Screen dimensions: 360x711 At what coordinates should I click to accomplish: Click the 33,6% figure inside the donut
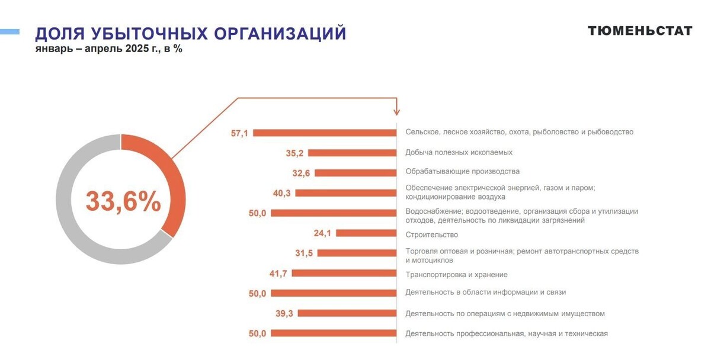pos(123,201)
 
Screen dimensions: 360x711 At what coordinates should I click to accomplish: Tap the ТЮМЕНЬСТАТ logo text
pos(639,31)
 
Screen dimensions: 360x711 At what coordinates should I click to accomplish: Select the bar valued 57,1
pos(325,133)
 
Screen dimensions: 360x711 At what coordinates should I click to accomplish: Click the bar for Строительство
pos(366,233)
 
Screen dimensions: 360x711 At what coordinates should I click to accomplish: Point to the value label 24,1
pos(322,233)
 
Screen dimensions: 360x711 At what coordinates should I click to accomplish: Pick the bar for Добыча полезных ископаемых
pos(352,153)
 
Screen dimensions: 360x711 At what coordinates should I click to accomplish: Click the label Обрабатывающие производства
pos(462,172)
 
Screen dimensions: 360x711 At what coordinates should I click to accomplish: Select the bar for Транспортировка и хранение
pos(344,274)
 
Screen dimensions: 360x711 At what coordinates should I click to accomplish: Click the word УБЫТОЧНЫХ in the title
pos(142,34)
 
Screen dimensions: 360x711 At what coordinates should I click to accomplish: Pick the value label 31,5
pos(304,253)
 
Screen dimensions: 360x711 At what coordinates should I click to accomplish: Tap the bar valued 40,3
pos(345,193)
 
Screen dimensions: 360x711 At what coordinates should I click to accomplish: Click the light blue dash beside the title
pos(9,31)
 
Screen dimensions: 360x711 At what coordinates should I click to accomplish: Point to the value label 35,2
pos(294,153)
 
